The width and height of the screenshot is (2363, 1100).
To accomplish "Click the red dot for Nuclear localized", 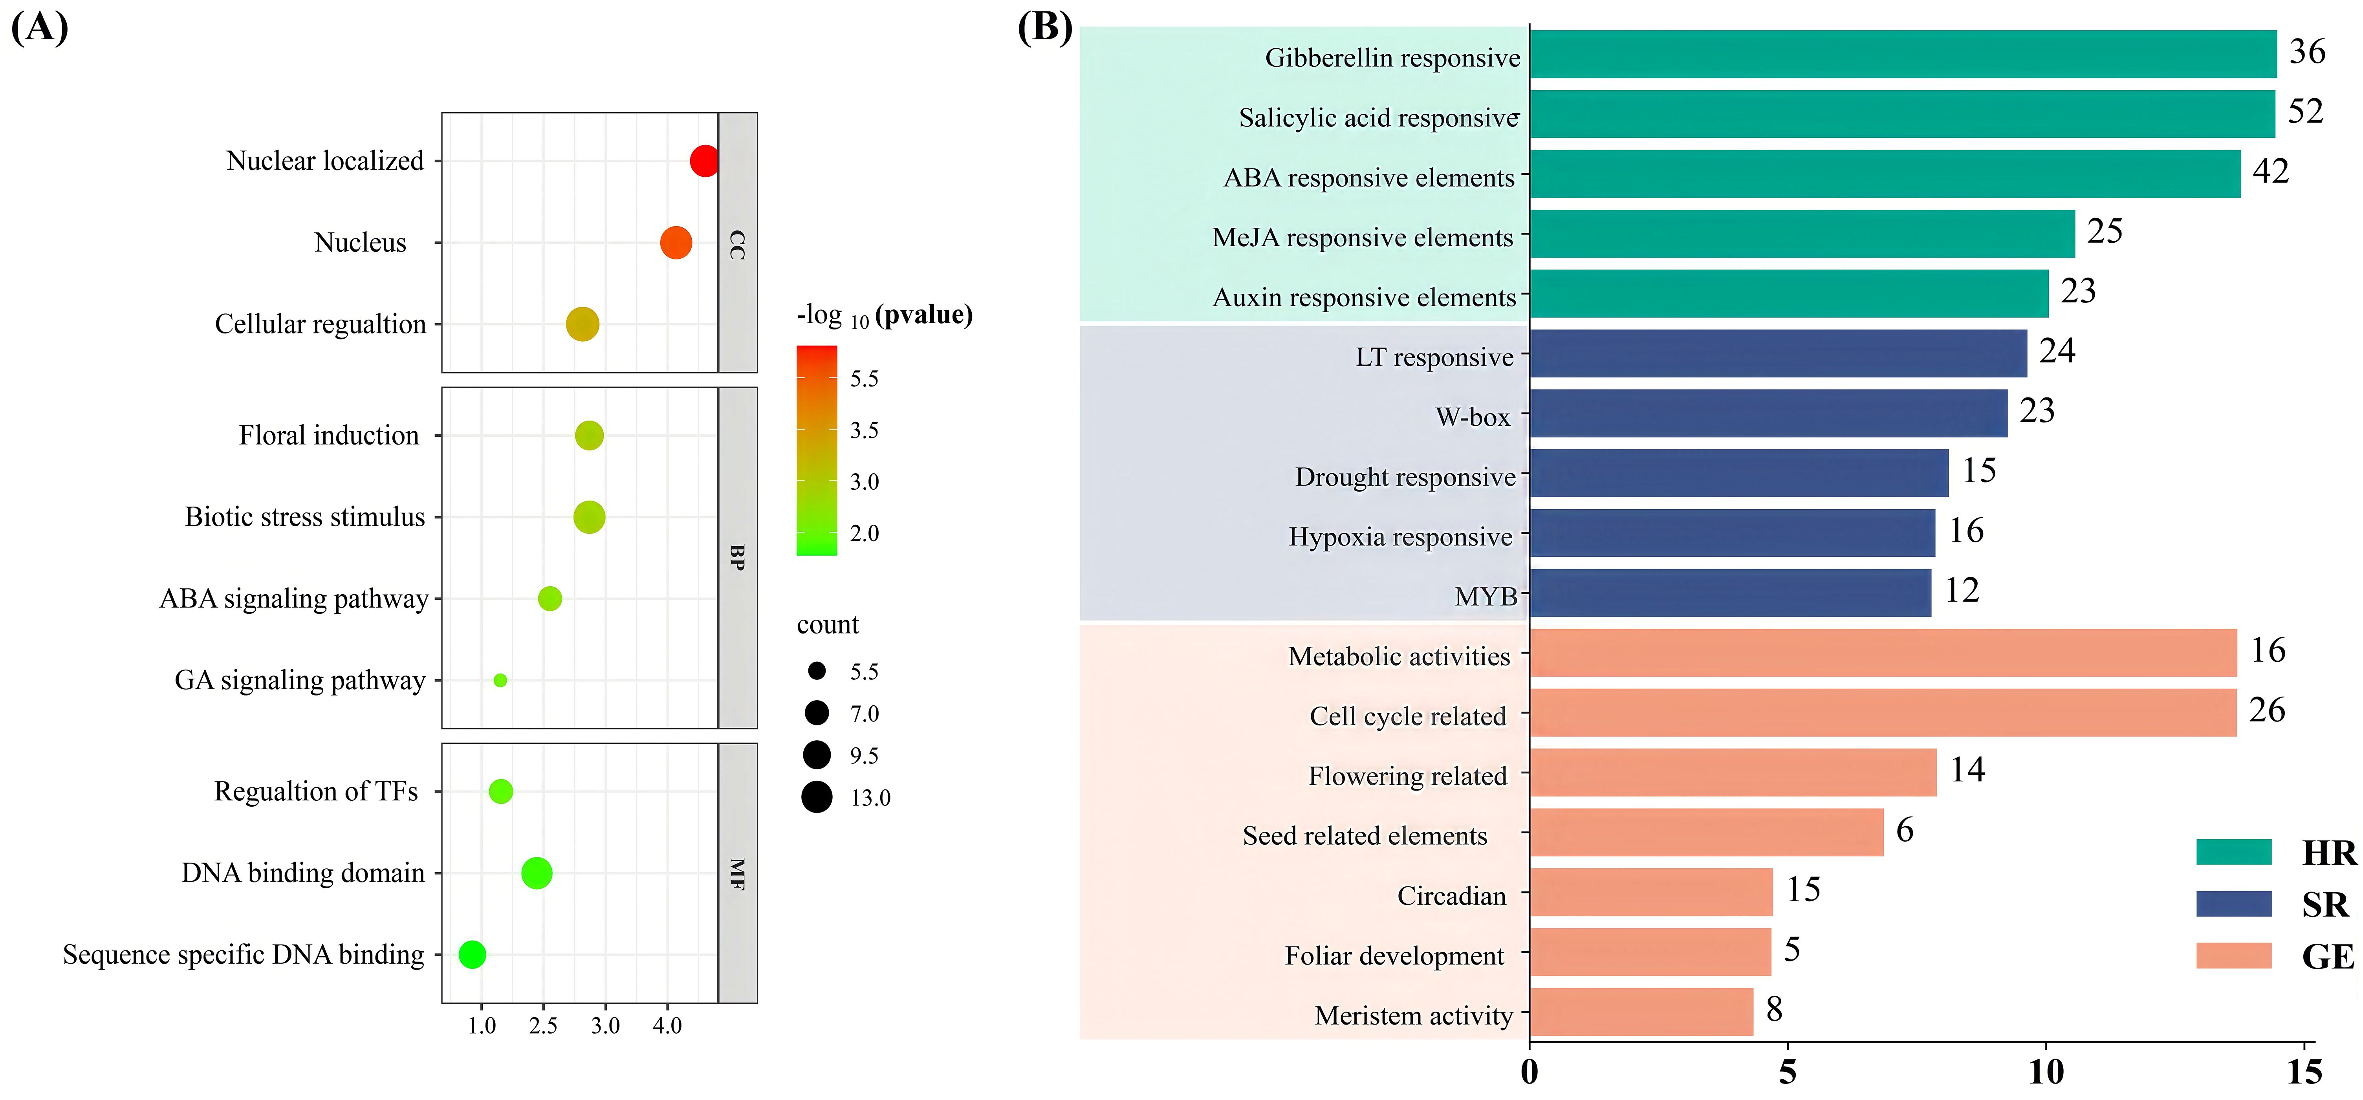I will (703, 161).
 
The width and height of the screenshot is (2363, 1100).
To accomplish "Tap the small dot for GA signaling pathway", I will (500, 680).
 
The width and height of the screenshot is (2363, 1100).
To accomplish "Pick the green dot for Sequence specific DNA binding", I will (471, 954).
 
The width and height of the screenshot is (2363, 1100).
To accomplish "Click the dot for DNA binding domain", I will (537, 873).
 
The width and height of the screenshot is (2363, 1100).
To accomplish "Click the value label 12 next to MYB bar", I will (1962, 590).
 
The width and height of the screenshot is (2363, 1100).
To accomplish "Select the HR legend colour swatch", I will (2233, 851).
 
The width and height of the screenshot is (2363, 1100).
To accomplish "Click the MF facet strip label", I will (736, 873).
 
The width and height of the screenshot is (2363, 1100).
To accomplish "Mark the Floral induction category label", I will (328, 435).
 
